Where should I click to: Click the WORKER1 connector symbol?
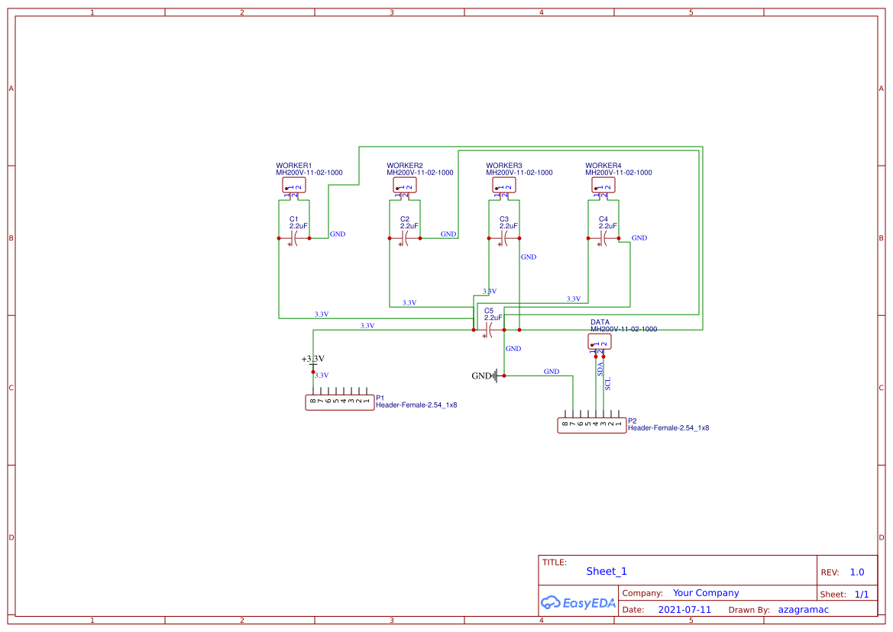click(294, 185)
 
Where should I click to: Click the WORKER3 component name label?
click(504, 166)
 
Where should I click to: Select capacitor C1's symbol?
click(293, 239)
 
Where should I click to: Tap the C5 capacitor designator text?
click(489, 311)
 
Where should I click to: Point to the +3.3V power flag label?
click(312, 359)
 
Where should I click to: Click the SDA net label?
click(600, 367)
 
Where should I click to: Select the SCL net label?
click(608, 383)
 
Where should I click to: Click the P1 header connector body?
click(340, 401)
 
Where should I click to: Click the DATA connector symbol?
click(600, 342)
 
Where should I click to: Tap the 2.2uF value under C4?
click(607, 226)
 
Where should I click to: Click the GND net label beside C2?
click(448, 234)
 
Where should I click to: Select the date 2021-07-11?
click(684, 610)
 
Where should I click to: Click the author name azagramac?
click(803, 610)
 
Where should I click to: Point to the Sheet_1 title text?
click(607, 571)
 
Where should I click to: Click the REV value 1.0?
click(857, 572)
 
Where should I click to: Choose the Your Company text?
click(706, 593)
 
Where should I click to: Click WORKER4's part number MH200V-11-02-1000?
click(619, 173)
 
